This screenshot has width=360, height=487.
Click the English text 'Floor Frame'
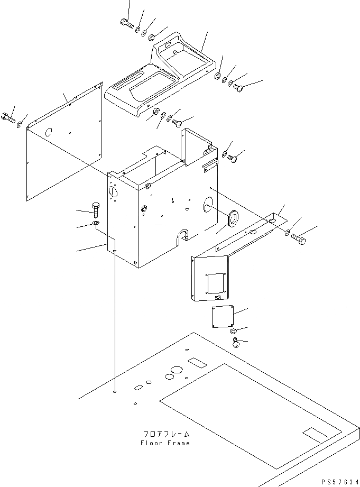pyautogui.click(x=165, y=443)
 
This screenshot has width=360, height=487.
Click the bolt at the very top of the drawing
pyautogui.click(x=126, y=23)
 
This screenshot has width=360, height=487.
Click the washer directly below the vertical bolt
pyautogui.click(x=95, y=224)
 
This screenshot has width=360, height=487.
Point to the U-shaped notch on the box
pyautogui.click(x=182, y=236)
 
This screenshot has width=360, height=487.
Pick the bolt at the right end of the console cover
pyautogui.click(x=237, y=88)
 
